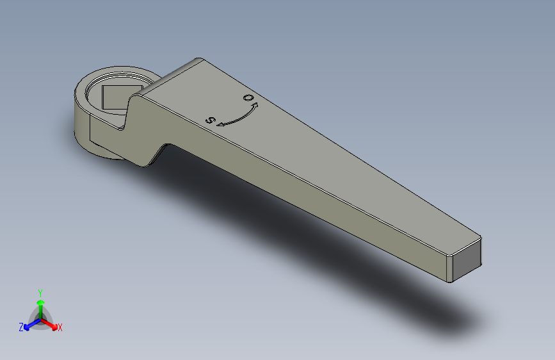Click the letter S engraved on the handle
click(209, 120)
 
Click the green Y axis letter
click(40, 292)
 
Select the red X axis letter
click(60, 327)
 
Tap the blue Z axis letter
click(20, 327)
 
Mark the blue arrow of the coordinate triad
click(28, 325)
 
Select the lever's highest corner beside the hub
click(197, 60)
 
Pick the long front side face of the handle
click(307, 205)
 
